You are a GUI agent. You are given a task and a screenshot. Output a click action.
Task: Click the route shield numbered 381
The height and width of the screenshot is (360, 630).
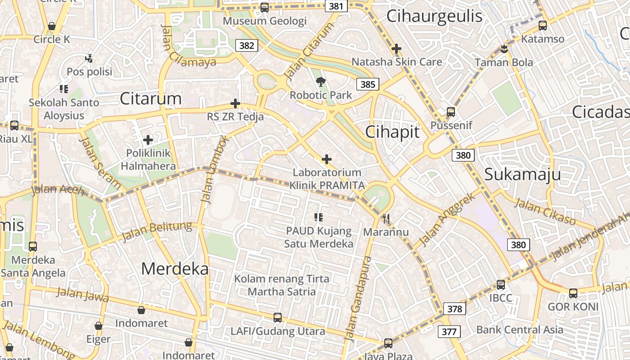click(336, 6)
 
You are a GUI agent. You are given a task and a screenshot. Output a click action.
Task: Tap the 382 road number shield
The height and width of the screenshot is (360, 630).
click(247, 45)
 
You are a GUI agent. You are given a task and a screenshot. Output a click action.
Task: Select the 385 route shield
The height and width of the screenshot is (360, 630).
click(368, 84)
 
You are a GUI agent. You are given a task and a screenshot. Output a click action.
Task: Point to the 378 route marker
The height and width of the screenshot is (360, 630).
click(454, 309)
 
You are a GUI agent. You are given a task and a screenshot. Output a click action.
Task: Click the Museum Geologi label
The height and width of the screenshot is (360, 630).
click(265, 21)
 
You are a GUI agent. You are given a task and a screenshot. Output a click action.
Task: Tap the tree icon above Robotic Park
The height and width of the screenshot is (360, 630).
click(320, 82)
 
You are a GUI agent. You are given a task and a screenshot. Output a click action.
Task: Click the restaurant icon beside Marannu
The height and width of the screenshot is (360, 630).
click(386, 219)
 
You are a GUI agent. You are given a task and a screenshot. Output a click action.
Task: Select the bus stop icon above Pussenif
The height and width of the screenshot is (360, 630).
click(451, 112)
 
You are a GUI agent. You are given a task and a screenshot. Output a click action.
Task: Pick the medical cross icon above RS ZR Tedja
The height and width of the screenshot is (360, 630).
click(235, 103)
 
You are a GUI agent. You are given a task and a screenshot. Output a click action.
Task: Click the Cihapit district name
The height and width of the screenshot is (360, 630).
click(392, 132)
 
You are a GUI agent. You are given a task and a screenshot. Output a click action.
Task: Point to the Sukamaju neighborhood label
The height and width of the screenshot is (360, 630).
click(522, 174)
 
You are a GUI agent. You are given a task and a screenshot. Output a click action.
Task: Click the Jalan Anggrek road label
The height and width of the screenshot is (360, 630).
click(447, 220)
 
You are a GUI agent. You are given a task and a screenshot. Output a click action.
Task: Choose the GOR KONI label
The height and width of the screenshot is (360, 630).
click(573, 307)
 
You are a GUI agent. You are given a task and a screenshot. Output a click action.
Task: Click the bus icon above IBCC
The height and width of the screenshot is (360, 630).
click(501, 284)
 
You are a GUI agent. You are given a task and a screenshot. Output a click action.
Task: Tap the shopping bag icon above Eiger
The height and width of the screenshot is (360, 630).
click(99, 326)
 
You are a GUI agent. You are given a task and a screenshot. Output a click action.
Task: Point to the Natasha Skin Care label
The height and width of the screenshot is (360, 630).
click(396, 62)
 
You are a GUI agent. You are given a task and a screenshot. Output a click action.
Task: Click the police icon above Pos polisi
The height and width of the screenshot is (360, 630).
click(89, 58)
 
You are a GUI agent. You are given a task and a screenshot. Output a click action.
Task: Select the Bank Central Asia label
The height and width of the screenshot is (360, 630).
click(519, 329)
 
